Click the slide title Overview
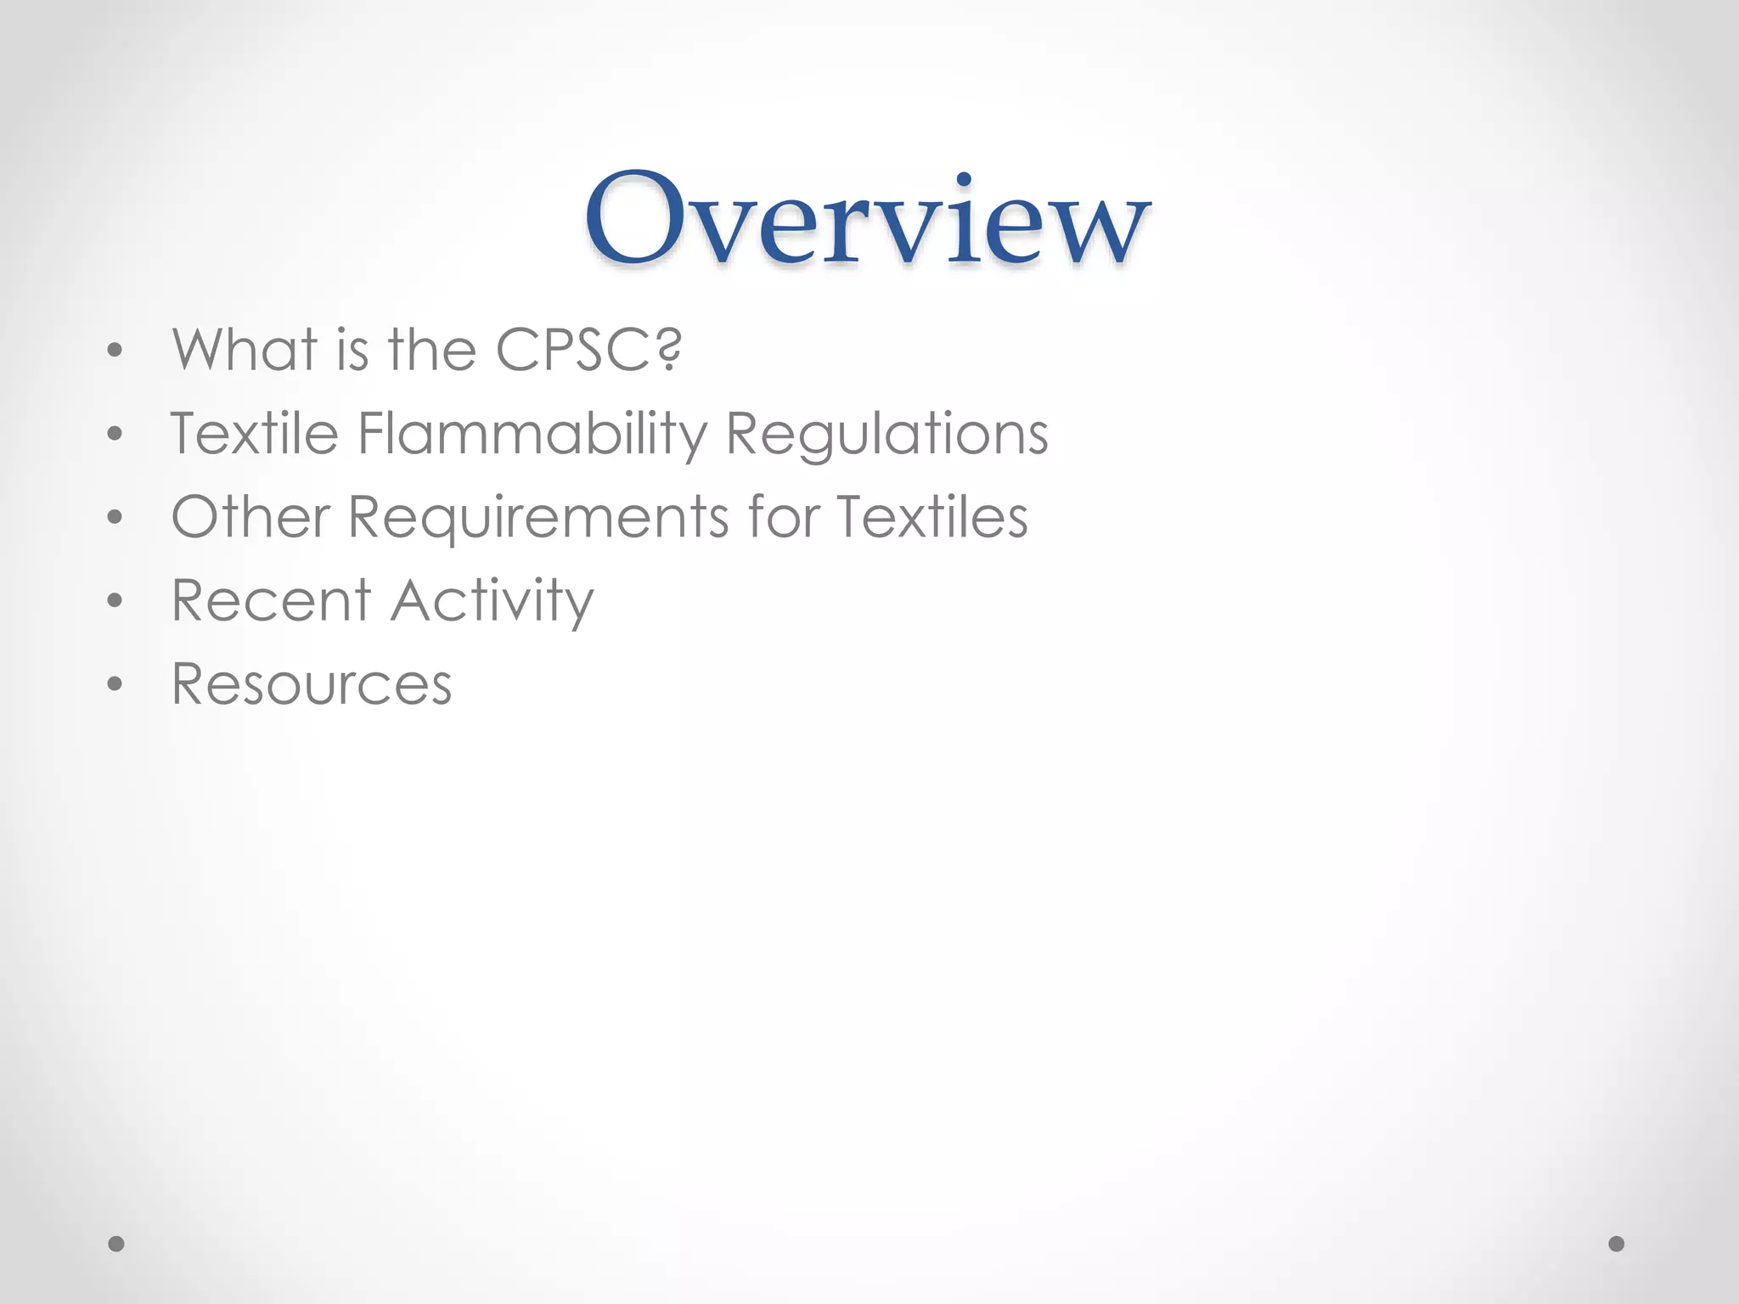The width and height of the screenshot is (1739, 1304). coord(867,218)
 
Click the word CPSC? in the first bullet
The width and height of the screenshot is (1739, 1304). coord(588,350)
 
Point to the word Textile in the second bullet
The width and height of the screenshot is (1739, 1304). coord(254,434)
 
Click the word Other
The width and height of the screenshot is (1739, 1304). coord(250,517)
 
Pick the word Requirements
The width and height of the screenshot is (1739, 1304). coord(538,517)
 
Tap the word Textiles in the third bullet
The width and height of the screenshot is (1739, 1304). coord(931,517)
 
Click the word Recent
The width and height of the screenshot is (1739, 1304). coord(271,600)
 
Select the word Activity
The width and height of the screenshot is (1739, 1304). coord(492,600)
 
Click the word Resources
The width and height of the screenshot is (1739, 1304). coord(312,683)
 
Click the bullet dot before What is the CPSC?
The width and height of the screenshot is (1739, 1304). coord(115,350)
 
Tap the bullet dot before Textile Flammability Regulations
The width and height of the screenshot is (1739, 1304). coord(115,434)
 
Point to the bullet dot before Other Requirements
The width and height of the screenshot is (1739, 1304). coord(115,517)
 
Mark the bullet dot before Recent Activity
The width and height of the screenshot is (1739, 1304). coord(115,600)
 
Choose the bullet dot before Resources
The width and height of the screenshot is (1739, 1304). coord(115,683)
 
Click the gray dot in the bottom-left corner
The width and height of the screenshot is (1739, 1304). coord(116,1244)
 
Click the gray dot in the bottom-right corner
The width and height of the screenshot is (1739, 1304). coord(1617,1244)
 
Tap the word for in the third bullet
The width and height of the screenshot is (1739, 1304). coord(783,517)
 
